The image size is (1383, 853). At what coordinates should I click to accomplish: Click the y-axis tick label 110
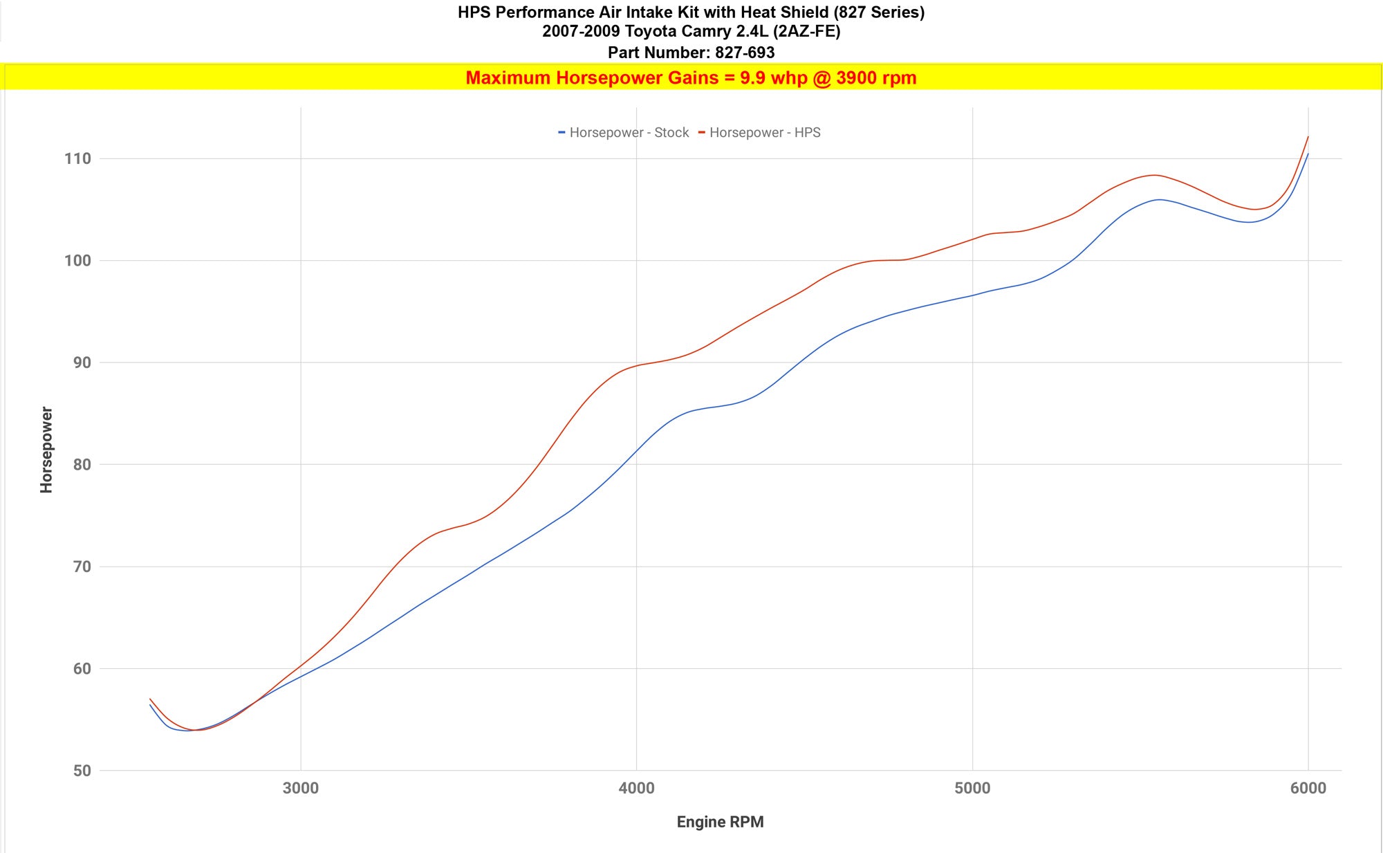coord(77,159)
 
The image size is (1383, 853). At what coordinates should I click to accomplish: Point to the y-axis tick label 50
coord(82,771)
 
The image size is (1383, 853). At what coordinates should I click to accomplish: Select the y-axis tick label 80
coord(82,465)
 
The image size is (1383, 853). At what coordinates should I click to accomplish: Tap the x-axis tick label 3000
coord(301,788)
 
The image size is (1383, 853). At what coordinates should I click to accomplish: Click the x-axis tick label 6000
coord(1308,788)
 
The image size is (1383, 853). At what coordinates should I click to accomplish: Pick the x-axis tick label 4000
coord(636,788)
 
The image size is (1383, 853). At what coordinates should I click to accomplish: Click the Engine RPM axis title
coord(720,822)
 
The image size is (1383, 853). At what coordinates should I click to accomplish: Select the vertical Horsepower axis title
coord(46,450)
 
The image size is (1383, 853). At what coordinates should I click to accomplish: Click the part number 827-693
coord(745,53)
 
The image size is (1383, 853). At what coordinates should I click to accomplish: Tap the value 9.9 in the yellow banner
coord(752,78)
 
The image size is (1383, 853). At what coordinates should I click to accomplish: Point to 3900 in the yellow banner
coord(856,78)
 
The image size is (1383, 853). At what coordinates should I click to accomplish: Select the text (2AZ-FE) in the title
coord(806,31)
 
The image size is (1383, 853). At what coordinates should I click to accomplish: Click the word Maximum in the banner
coord(508,78)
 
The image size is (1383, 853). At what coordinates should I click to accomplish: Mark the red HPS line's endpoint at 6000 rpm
coord(1308,137)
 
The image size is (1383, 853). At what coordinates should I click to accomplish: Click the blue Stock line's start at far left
coord(150,704)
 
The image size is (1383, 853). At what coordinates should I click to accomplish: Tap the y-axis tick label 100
coord(77,261)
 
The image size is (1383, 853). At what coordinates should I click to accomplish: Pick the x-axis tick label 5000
coord(972,788)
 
